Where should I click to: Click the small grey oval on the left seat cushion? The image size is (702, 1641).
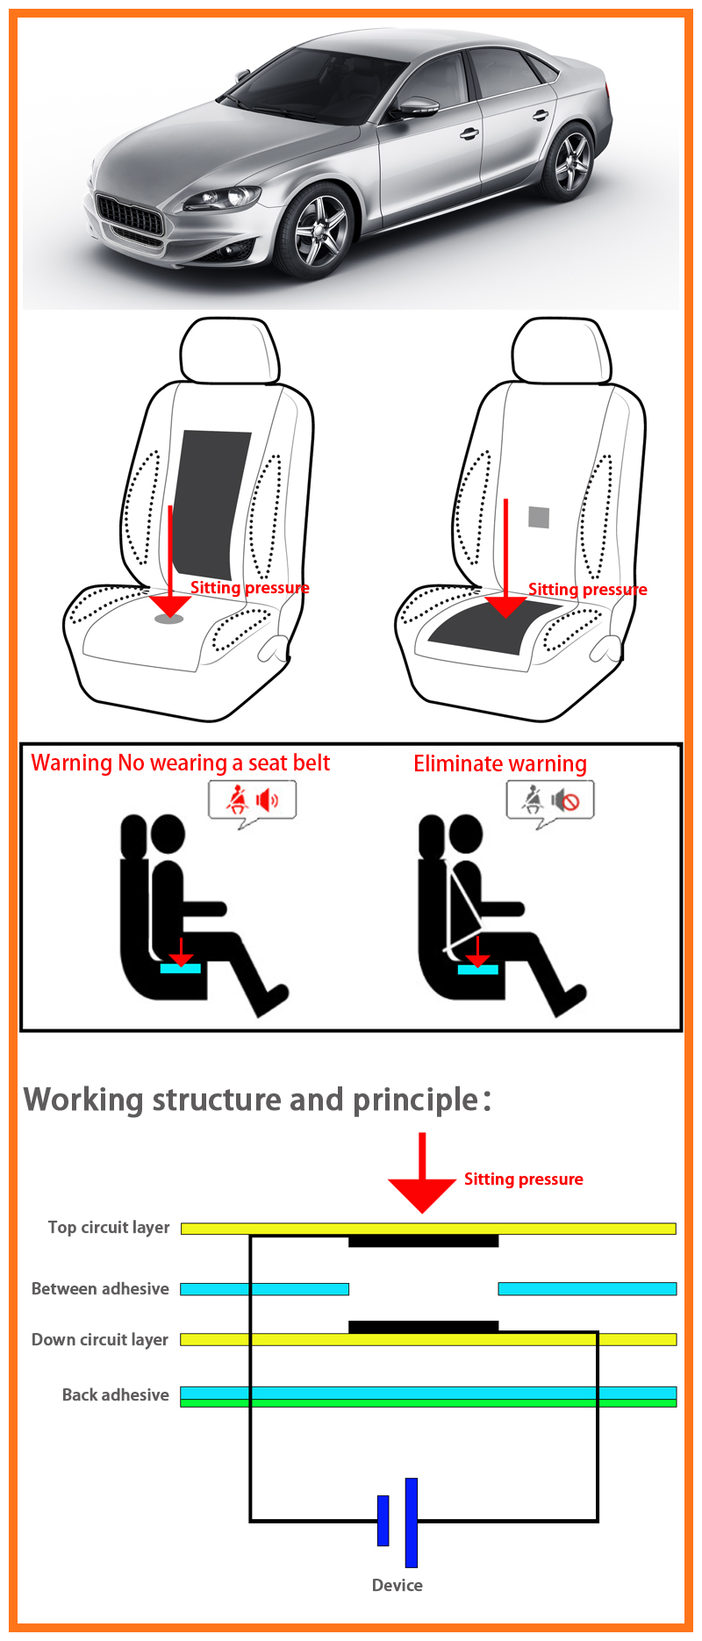168,619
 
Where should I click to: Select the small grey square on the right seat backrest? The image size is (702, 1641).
539,517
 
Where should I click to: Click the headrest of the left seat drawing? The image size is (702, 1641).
230,351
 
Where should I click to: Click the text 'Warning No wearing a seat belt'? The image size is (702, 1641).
181,763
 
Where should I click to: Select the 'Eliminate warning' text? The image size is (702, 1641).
500,763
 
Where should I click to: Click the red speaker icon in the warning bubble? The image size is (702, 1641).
267,800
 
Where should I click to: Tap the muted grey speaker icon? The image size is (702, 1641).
566,800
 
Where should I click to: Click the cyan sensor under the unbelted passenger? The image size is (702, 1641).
181,968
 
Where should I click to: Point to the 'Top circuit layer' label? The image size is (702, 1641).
109,1228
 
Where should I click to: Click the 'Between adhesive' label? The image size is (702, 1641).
100,1289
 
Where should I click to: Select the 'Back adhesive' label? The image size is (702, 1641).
116,1395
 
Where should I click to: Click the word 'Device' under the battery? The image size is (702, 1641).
398,1585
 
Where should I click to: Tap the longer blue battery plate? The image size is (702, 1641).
412,1523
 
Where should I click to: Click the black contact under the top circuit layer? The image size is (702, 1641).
423,1241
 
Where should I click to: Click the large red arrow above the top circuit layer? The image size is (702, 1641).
422,1172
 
